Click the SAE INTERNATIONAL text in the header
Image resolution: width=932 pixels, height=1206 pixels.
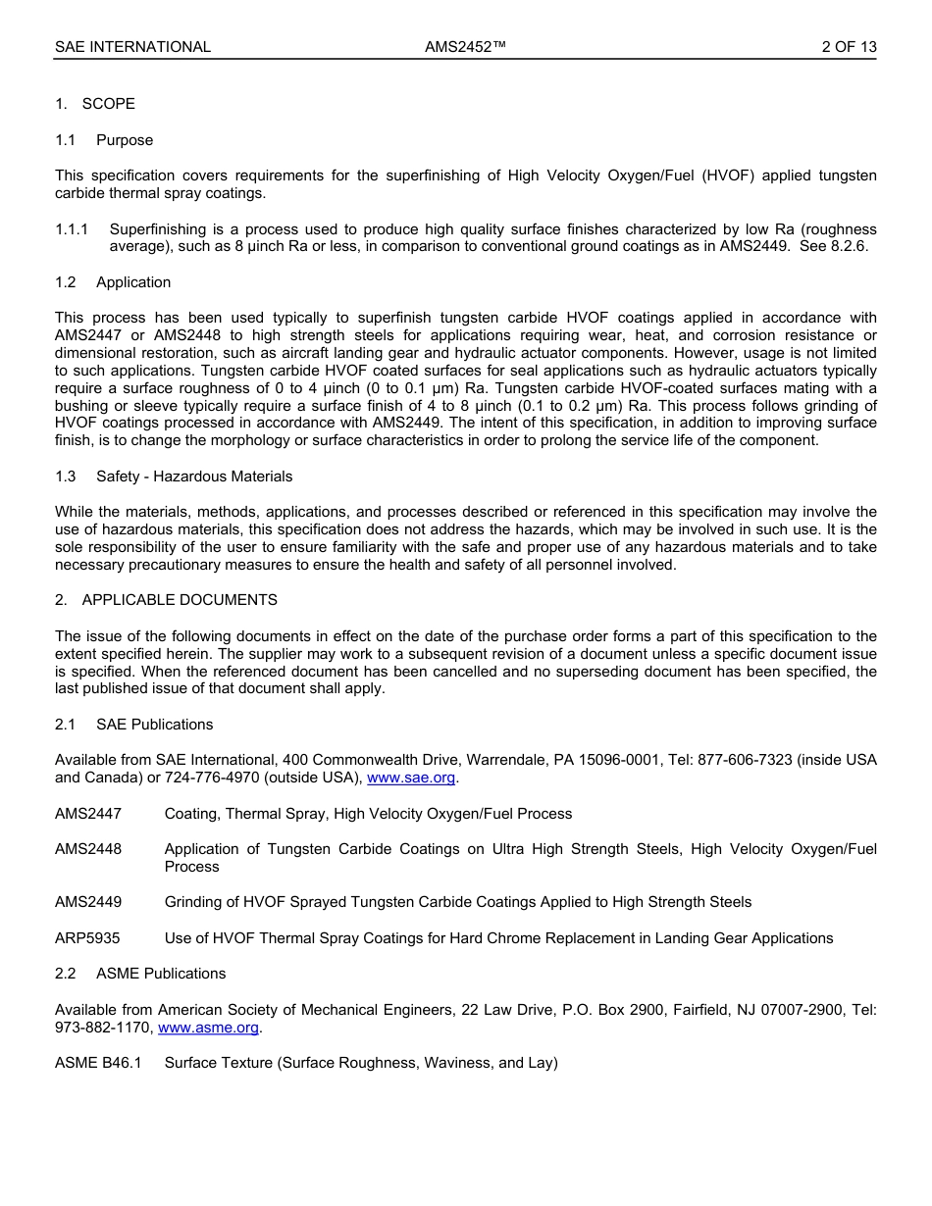pos(132,47)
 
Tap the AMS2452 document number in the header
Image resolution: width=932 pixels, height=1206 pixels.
pos(465,47)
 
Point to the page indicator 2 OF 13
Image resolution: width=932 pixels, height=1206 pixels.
pos(849,47)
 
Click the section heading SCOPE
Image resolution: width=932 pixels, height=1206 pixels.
pos(108,104)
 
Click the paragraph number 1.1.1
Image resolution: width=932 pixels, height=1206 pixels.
pos(72,229)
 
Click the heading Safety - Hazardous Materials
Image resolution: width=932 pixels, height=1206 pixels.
pos(194,477)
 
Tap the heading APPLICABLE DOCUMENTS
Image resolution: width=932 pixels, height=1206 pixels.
pos(180,600)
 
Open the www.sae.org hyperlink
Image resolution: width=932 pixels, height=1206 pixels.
pos(411,779)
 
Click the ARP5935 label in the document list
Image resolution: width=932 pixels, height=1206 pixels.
pos(87,938)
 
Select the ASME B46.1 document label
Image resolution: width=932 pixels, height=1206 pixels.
pos(98,1063)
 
